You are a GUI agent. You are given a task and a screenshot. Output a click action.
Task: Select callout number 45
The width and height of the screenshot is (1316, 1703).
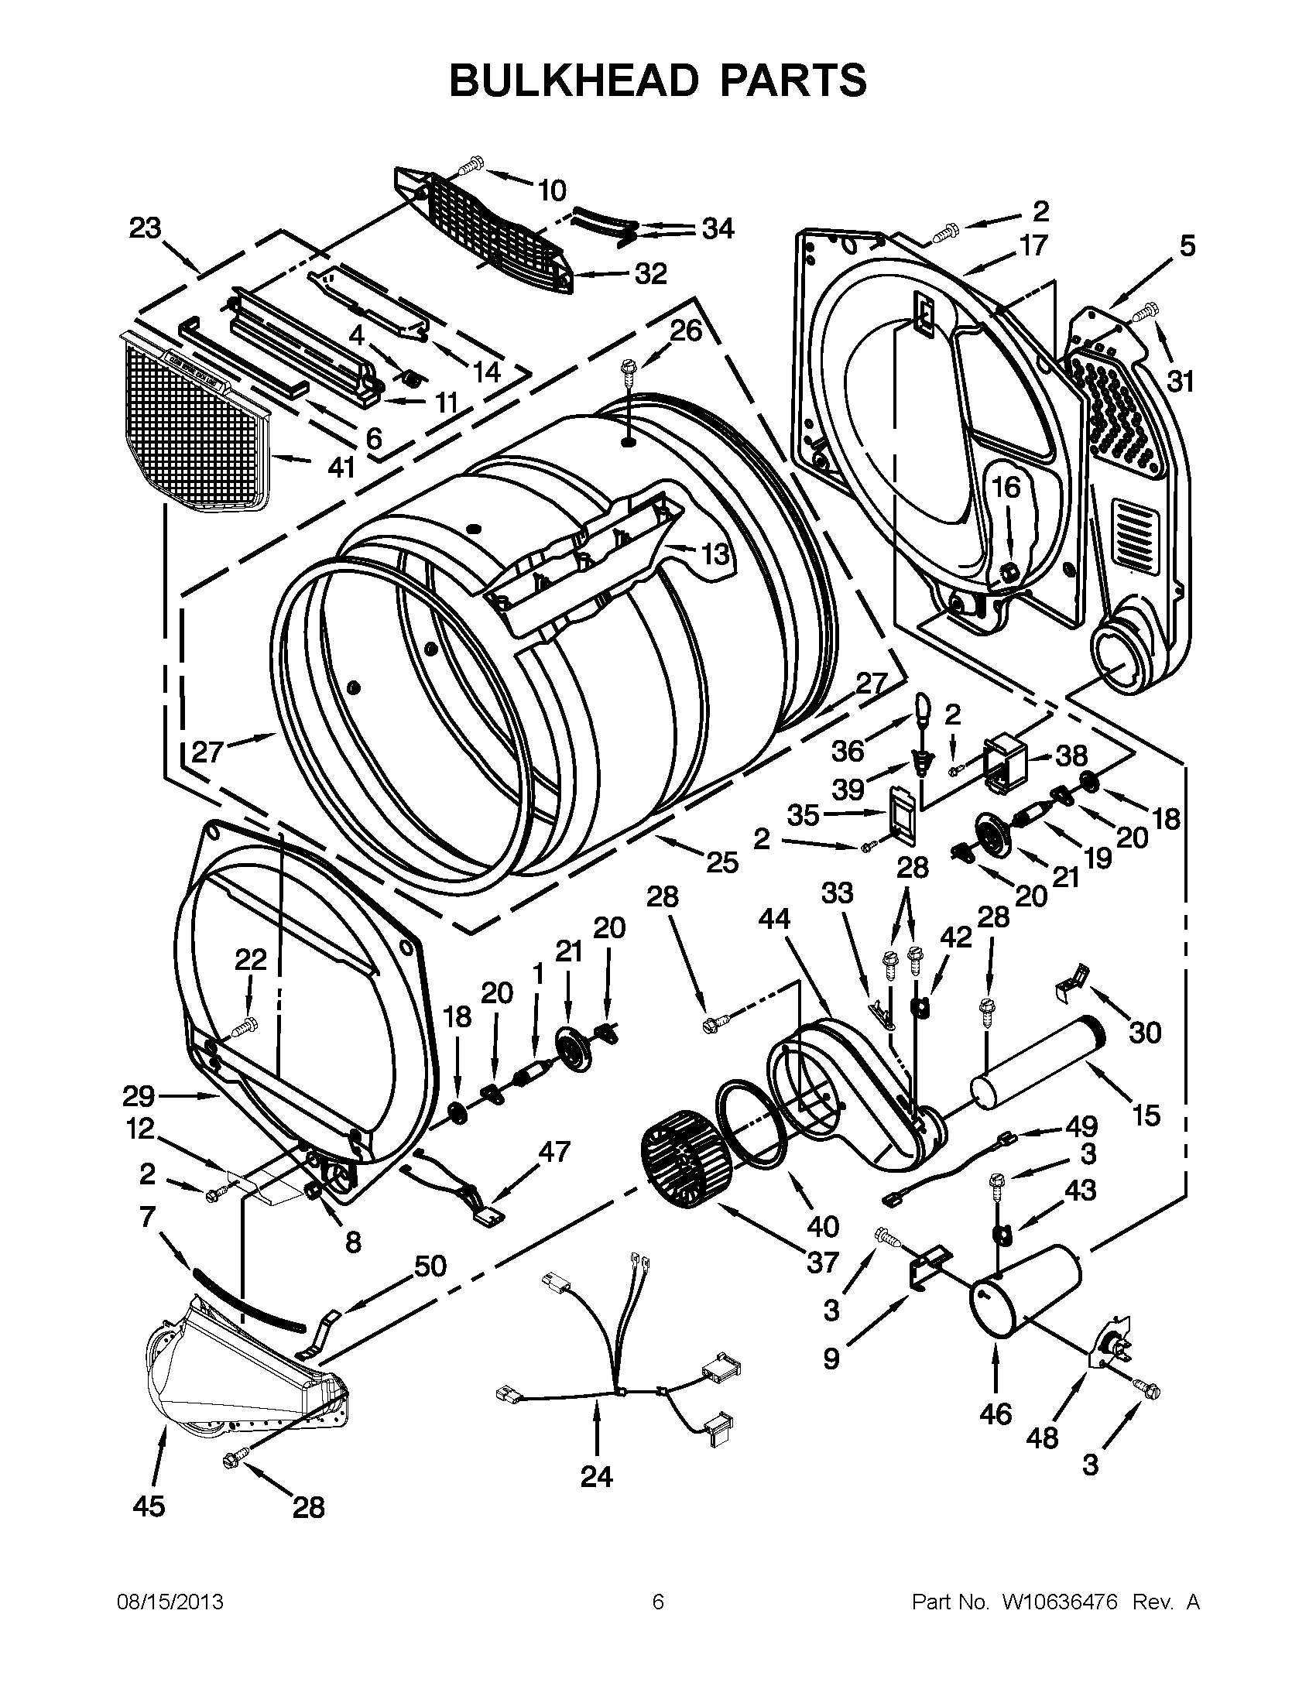(x=148, y=1505)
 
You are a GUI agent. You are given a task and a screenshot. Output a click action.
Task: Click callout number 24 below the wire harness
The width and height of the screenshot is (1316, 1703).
(x=596, y=1475)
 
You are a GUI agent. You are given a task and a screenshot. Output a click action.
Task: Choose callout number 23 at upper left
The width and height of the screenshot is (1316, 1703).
(x=145, y=228)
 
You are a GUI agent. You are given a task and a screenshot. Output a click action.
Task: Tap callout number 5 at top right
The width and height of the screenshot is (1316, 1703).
(x=1186, y=246)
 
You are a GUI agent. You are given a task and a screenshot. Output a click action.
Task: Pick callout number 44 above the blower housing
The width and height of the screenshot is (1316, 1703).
(x=774, y=921)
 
